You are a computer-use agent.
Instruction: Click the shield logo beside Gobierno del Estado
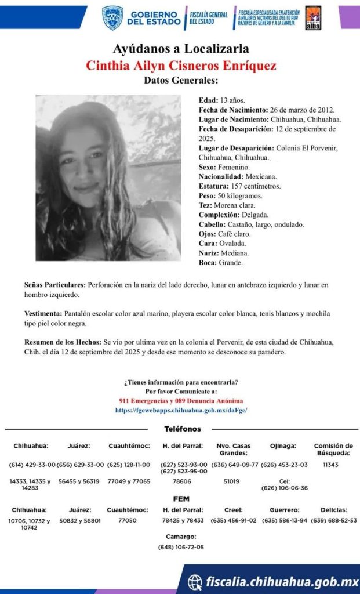click(112, 18)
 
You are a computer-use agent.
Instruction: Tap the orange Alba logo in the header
click(314, 18)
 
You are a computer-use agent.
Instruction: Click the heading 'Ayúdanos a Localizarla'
click(180, 49)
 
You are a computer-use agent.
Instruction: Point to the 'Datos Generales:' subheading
click(181, 80)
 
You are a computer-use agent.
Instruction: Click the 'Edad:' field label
click(208, 100)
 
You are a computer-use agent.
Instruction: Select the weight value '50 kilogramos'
click(242, 195)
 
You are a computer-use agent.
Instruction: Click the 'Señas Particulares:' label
click(54, 285)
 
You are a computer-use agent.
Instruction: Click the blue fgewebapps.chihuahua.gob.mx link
click(181, 410)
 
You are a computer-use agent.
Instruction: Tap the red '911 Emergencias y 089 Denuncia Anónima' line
click(181, 401)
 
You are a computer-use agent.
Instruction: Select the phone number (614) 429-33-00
click(32, 465)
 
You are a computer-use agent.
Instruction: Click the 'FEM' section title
click(181, 499)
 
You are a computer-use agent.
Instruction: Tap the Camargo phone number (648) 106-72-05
click(181, 547)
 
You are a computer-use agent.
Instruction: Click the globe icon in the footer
click(196, 581)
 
